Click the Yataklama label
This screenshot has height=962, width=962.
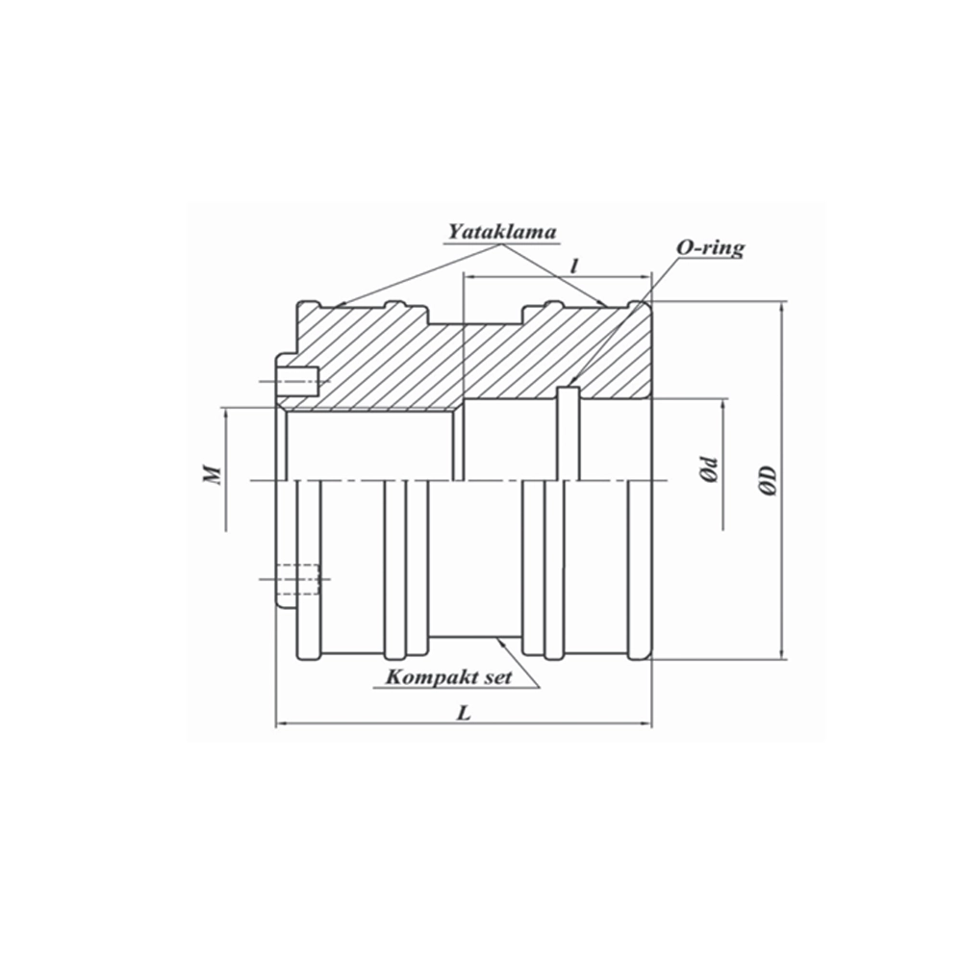[x=502, y=232]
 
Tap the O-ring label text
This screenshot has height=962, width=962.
[x=709, y=248]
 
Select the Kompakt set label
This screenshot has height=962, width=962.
[x=447, y=676]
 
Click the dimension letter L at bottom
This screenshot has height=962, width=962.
[x=465, y=714]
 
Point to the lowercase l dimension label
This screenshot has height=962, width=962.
[x=574, y=266]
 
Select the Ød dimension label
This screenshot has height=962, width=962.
[x=709, y=470]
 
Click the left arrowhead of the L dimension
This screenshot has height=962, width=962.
[x=282, y=724]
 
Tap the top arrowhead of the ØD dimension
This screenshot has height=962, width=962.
[x=781, y=307]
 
